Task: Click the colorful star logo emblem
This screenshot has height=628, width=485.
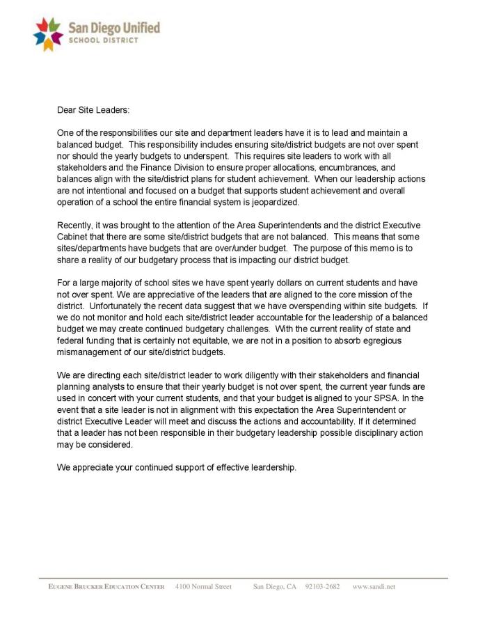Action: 48,34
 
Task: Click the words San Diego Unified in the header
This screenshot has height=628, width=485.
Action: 114,28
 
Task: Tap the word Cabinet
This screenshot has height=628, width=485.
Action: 74,237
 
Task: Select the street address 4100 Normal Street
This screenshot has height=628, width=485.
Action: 203,587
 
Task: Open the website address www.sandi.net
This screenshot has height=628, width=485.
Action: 374,587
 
